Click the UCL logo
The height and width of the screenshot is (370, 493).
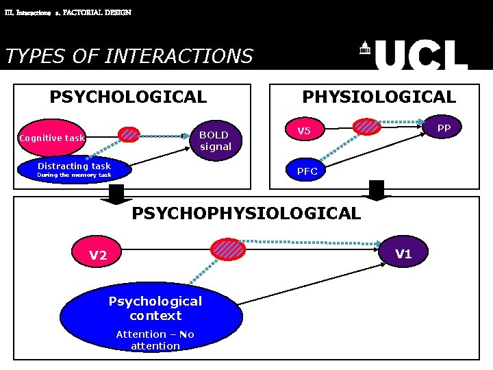pyautogui.click(x=414, y=56)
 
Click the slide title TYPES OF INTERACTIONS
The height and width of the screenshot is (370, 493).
pyautogui.click(x=129, y=56)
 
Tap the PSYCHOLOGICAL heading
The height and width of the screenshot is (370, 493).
pyautogui.click(x=128, y=97)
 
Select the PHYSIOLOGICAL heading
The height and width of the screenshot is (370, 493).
pyautogui.click(x=379, y=97)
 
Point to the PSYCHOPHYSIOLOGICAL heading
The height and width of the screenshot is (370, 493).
pyautogui.click(x=246, y=213)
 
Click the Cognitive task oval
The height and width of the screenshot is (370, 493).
pyautogui.click(x=52, y=138)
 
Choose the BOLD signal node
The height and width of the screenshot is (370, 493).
pyautogui.click(x=216, y=140)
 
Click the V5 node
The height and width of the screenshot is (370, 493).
pyautogui.click(x=304, y=131)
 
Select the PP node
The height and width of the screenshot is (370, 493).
pyautogui.click(x=444, y=128)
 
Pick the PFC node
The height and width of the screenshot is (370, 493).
pyautogui.click(x=307, y=171)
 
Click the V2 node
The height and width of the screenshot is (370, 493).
pyautogui.click(x=99, y=255)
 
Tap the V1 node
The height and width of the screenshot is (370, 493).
pyautogui.click(x=404, y=254)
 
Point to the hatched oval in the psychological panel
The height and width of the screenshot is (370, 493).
pyautogui.click(x=129, y=134)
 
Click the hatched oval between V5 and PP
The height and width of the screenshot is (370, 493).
pyautogui.click(x=367, y=126)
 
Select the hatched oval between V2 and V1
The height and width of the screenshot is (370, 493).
pyautogui.click(x=227, y=249)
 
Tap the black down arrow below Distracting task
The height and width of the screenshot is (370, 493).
pyautogui.click(x=116, y=195)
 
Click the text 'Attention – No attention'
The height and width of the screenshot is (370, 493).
pyautogui.click(x=155, y=340)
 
